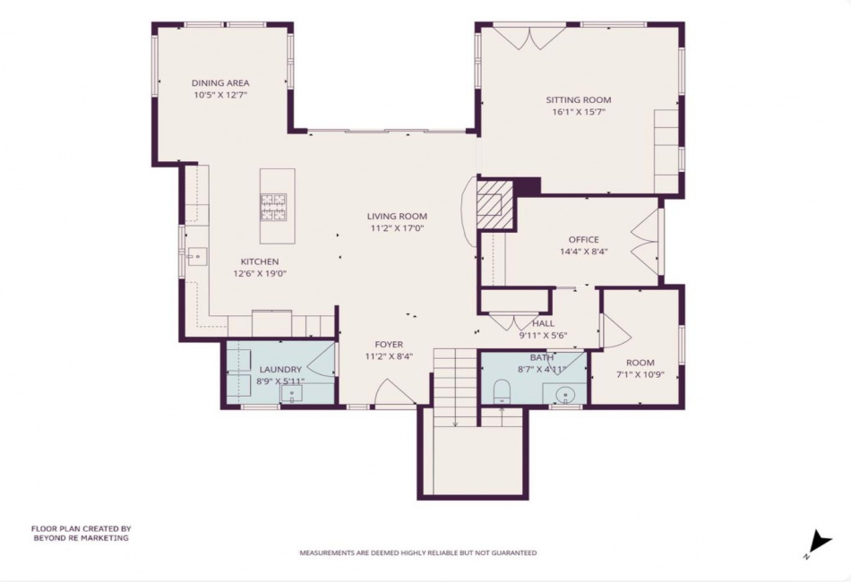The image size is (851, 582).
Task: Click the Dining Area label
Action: coord(220,83)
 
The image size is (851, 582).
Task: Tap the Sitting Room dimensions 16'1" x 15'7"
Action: coord(579,112)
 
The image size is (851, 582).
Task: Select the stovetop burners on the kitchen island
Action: coord(273,207)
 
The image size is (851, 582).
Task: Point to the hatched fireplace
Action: coord(495,204)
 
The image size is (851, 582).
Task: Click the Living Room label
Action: coord(397,216)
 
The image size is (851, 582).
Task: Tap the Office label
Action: coord(583,239)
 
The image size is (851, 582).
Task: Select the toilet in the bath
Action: coord(502,391)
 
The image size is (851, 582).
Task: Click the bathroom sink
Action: coord(566,394)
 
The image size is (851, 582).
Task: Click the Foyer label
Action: coord(389,345)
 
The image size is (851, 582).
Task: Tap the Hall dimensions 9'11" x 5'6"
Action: coord(543,335)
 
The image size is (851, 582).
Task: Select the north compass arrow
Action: coord(819,543)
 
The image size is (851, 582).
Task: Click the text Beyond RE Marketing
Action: coord(82,538)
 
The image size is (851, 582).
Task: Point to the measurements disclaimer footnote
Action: coord(418,552)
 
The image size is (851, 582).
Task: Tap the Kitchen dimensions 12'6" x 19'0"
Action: coord(260,273)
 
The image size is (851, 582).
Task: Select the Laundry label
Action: coord(280,370)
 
